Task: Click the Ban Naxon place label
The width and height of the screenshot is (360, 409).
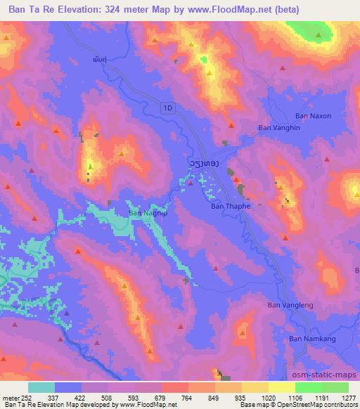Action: coord(313,115)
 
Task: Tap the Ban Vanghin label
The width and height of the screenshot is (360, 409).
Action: coord(279,127)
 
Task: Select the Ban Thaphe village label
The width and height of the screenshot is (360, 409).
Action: coord(231,207)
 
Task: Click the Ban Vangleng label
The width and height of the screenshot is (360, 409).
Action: coord(290,305)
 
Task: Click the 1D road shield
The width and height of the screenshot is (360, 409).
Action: coord(166,108)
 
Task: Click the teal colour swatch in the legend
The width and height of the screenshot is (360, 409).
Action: coord(41,387)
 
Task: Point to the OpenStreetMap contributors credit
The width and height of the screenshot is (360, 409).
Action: coord(322,405)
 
